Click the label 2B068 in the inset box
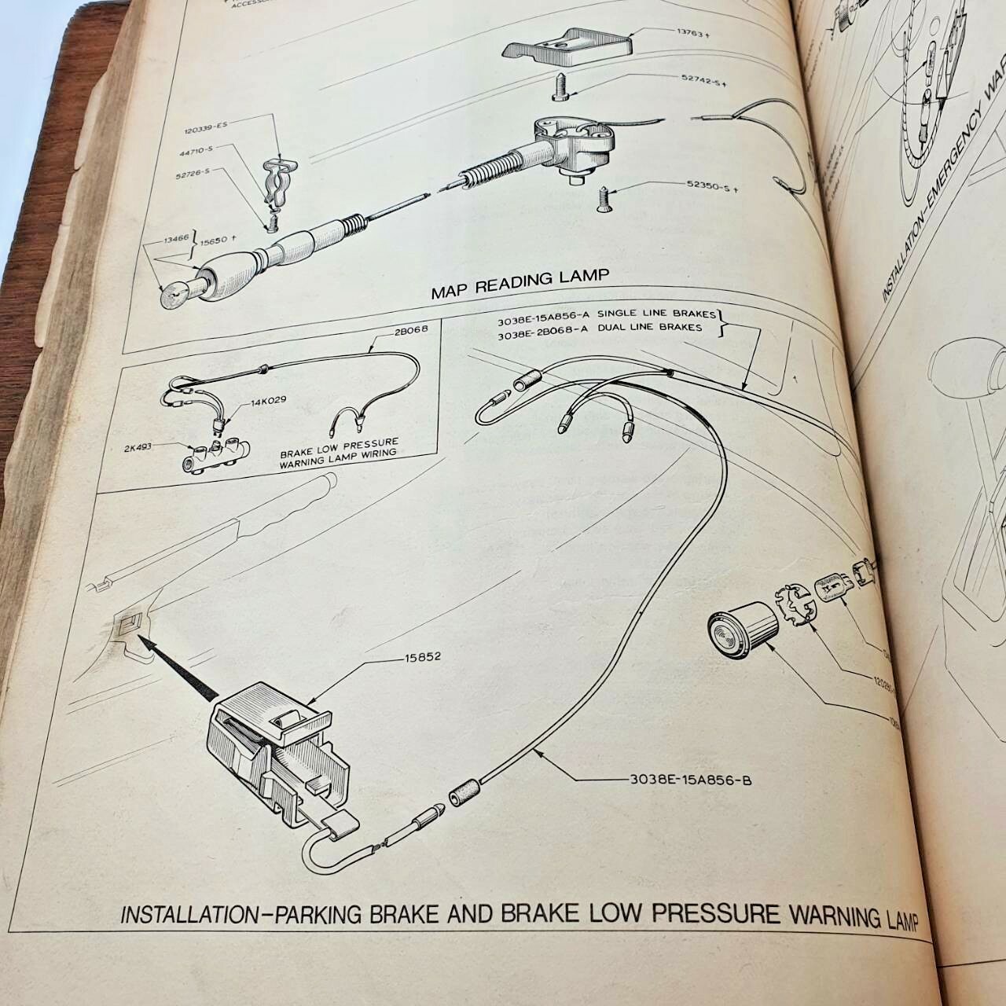(x=407, y=330)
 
